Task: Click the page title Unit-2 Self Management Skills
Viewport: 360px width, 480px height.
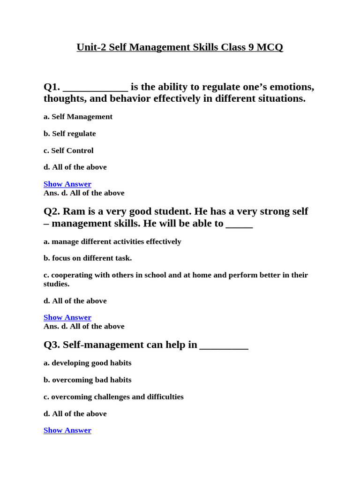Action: [x=180, y=47]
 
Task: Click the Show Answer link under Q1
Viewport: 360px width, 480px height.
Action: [x=67, y=184]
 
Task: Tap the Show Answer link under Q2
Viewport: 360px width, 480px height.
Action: [x=67, y=317]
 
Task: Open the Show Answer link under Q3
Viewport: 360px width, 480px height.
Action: [x=67, y=430]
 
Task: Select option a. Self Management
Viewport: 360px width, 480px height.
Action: [x=78, y=117]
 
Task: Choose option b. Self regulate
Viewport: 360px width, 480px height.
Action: [x=69, y=134]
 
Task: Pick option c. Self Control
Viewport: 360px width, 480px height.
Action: [x=68, y=150]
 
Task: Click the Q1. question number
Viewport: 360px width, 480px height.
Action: [x=52, y=87]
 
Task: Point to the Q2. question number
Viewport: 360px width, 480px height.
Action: [x=52, y=211]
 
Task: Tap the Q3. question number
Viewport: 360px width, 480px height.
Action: [x=52, y=345]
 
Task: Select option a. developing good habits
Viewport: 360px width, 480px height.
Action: [x=87, y=363]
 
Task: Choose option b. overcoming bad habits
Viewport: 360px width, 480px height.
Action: [x=87, y=380]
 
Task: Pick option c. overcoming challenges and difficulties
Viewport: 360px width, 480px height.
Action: [x=113, y=397]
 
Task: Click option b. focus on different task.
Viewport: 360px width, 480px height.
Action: [x=88, y=258]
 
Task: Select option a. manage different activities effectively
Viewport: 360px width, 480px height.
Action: [x=112, y=241]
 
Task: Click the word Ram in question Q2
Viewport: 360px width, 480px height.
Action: [x=74, y=211]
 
